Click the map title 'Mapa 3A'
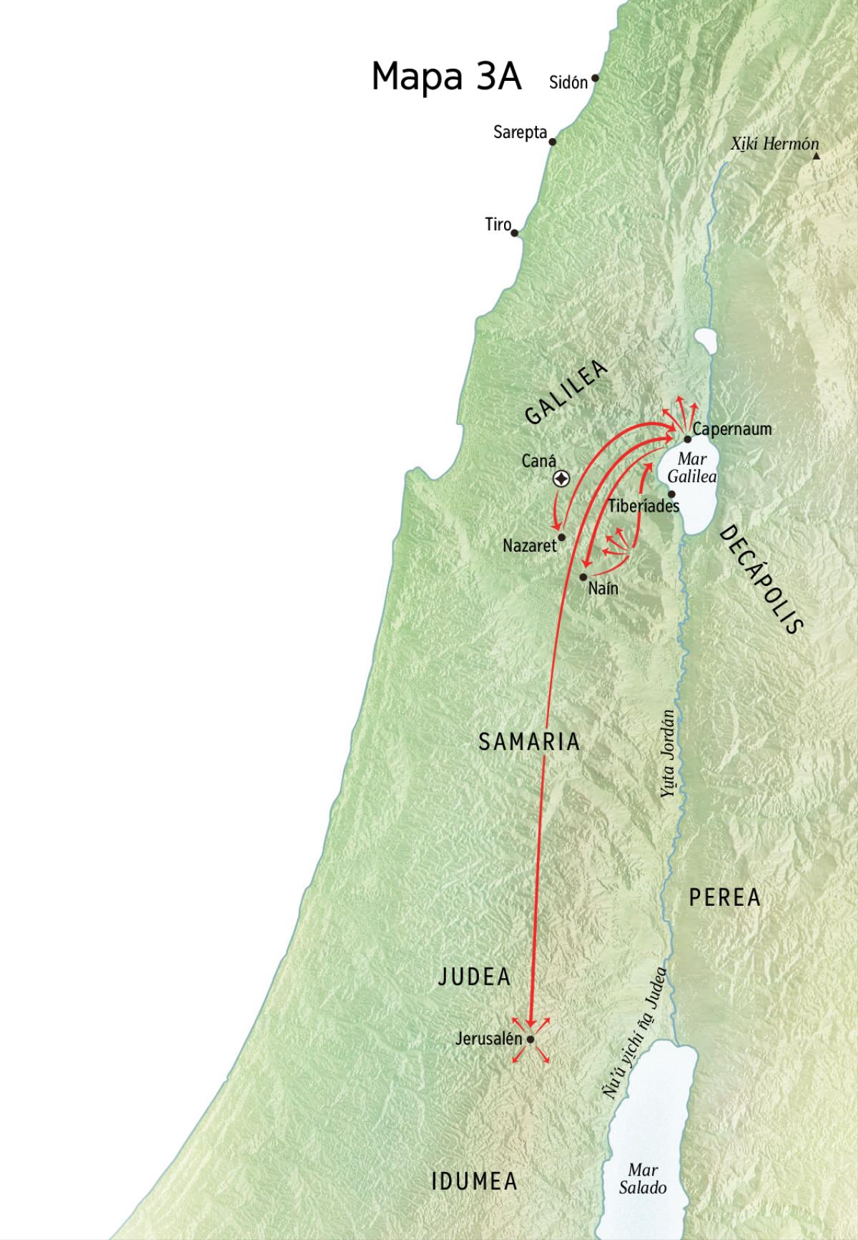[x=446, y=77]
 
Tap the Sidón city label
[x=568, y=82]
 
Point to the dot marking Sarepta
[x=552, y=142]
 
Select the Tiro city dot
[x=514, y=233]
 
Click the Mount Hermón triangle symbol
[x=815, y=153]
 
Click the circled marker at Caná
[x=562, y=479]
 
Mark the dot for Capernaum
[x=687, y=439]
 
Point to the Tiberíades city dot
[x=671, y=494]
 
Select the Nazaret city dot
[x=562, y=537]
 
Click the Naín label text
[x=603, y=589]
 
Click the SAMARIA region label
[x=529, y=741]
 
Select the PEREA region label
[x=724, y=897]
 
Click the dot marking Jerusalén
[x=531, y=1039]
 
